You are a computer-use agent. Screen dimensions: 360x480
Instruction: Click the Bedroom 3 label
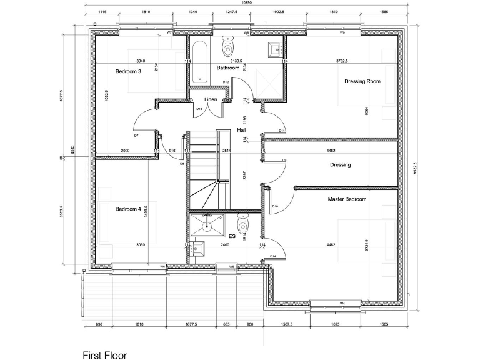(128, 72)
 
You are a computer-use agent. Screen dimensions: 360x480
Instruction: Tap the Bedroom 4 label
(128, 209)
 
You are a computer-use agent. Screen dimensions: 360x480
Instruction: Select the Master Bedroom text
(347, 199)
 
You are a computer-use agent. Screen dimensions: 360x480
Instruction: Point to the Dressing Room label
(362, 81)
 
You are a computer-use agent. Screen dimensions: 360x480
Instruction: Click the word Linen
(211, 100)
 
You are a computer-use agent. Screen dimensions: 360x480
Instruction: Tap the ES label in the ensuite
(232, 236)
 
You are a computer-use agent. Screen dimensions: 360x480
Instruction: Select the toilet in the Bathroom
(227, 45)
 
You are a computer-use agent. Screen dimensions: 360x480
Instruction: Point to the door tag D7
(136, 135)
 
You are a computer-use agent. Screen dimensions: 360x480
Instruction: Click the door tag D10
(275, 206)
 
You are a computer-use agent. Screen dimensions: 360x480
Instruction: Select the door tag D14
(273, 256)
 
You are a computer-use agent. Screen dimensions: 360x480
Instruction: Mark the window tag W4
(342, 303)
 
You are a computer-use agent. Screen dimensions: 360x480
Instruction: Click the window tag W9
(342, 32)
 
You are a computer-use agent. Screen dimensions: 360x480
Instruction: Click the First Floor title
(105, 355)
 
